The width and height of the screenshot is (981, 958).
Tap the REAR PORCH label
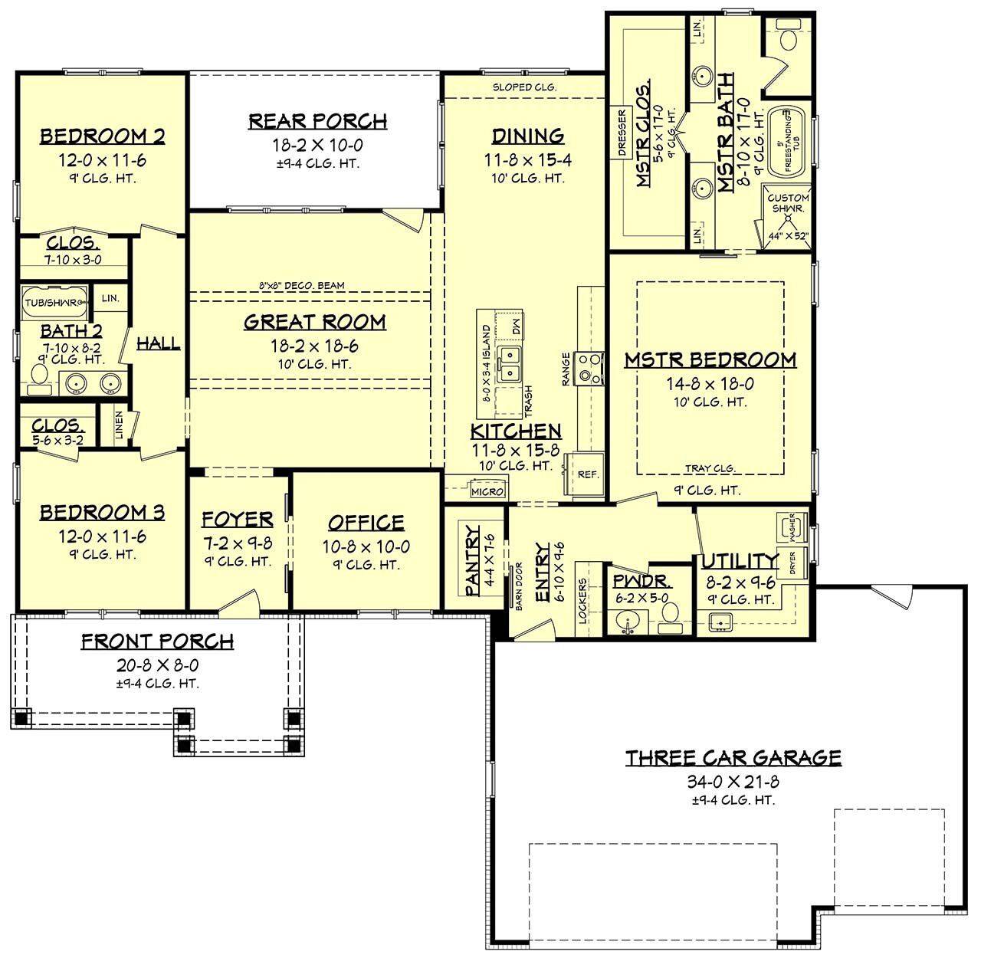point(317,121)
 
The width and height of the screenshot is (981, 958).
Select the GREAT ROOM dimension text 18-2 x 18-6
point(314,346)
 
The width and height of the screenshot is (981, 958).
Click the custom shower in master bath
point(788,218)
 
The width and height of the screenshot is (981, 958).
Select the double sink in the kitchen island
point(509,364)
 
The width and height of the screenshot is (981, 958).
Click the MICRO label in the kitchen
point(487,491)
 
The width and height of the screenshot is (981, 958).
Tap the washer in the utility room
point(790,527)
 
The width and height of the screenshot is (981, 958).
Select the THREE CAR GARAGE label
point(733,758)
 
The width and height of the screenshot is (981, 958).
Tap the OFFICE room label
point(366,523)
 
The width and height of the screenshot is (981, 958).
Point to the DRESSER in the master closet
point(622,133)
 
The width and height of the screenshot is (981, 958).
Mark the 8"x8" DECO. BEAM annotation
point(301,286)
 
